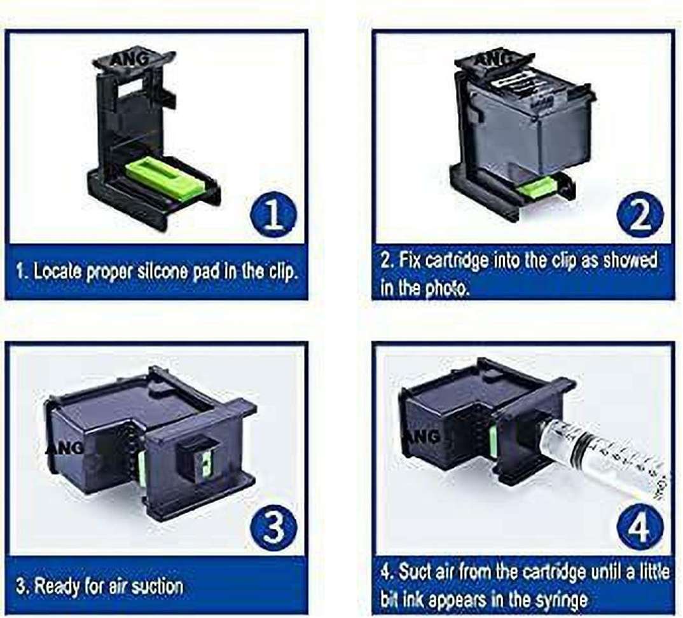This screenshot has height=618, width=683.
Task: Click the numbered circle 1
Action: pos(273,214)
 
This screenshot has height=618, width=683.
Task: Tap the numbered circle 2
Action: pos(640,214)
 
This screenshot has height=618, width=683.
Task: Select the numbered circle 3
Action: pos(273,528)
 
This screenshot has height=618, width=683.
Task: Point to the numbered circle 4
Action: pos(640,528)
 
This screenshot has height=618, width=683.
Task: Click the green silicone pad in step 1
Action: pos(165,178)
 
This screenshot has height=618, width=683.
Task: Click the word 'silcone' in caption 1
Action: pos(162,271)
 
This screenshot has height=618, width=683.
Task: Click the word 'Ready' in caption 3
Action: pos(53,586)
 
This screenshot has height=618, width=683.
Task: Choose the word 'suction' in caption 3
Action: pos(157,586)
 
